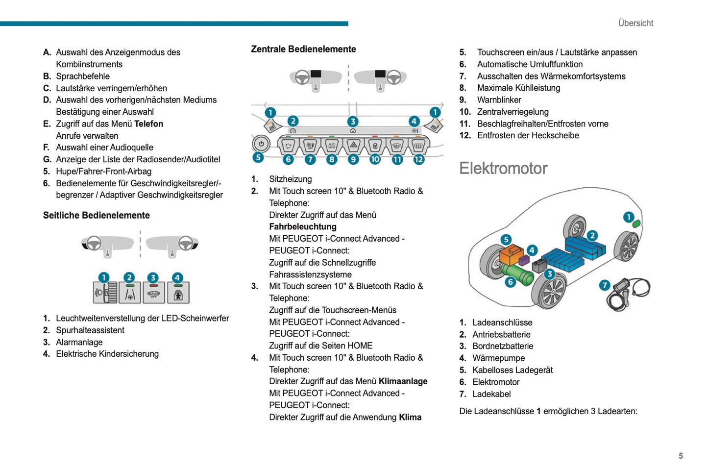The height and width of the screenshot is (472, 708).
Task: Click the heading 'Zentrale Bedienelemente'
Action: coord(303,49)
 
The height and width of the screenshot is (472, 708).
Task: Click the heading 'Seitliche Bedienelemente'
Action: coord(96,215)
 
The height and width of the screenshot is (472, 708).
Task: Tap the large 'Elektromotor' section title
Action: coord(503,168)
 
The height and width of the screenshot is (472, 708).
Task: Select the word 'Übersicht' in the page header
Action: coord(635,23)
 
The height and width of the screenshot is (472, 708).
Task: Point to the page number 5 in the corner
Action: coord(681,456)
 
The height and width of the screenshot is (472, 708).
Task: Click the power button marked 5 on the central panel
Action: coord(261,144)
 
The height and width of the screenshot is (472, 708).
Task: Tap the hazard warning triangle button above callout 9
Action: coord(353,146)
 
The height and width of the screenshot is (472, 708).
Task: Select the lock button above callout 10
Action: coord(375,146)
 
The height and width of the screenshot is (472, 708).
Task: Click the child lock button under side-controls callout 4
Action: coord(178,293)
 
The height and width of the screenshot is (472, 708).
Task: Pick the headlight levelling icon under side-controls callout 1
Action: coord(105,293)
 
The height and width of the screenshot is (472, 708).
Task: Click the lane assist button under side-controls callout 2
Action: coord(130,293)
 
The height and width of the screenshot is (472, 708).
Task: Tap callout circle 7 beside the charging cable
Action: coord(605,285)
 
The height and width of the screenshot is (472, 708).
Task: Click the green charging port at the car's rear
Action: coord(636,224)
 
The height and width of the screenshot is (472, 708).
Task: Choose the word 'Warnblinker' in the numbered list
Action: coord(499,100)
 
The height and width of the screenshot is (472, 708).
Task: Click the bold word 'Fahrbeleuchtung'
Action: coord(303,226)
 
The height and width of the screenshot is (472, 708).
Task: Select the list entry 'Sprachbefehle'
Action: coord(83,76)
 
